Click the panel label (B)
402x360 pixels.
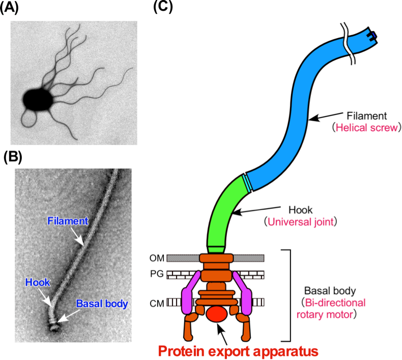(x=12, y=157)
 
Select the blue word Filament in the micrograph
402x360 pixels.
(x=67, y=221)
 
